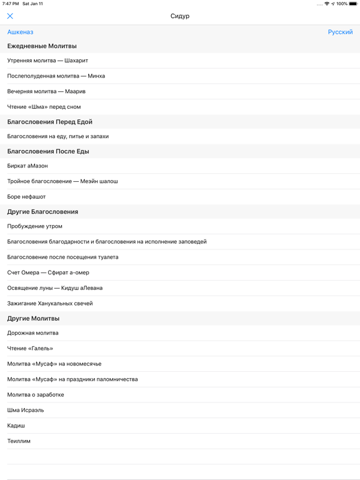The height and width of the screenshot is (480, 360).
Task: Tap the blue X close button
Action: (x=10, y=16)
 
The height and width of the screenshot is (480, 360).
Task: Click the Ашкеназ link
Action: (x=20, y=32)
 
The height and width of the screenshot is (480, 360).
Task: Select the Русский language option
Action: (x=340, y=32)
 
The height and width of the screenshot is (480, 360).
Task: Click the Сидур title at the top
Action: (x=180, y=16)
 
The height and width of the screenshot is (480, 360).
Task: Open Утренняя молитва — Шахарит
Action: (x=47, y=61)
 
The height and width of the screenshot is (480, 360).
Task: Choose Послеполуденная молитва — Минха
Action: (x=56, y=76)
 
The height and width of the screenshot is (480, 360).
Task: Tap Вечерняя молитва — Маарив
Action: (x=46, y=91)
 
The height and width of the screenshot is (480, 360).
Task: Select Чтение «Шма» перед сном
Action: (x=44, y=107)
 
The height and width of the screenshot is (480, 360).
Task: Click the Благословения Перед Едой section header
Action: (x=50, y=122)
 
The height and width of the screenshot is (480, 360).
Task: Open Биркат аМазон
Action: (x=27, y=166)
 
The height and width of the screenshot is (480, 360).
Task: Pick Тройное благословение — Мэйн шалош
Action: (x=62, y=181)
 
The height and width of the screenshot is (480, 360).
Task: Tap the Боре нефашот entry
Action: (x=26, y=197)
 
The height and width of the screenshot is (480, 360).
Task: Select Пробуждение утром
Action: (x=35, y=226)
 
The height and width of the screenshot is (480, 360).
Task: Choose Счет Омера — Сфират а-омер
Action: (x=48, y=272)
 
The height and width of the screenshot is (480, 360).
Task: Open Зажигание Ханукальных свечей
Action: (x=50, y=304)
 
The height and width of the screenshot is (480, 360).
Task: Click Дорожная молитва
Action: (x=33, y=333)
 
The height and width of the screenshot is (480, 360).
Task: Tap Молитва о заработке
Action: (x=36, y=395)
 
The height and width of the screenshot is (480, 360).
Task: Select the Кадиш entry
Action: (x=16, y=426)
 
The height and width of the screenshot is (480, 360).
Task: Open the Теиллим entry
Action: (x=19, y=441)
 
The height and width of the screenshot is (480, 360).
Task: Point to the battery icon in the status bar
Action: (x=353, y=4)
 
